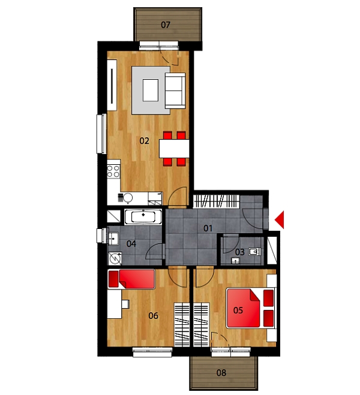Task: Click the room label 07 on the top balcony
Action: tap(166, 25)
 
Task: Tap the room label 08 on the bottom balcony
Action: tap(221, 373)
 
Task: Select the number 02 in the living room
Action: tap(144, 141)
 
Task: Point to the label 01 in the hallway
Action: tap(208, 228)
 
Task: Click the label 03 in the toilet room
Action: tap(240, 252)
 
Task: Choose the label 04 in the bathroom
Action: tap(131, 243)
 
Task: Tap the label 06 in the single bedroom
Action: tap(153, 315)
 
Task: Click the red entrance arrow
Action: tap(280, 219)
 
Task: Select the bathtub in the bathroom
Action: tap(143, 216)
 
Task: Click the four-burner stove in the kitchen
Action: tap(113, 171)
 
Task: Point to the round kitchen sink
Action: tap(128, 198)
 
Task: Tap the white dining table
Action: tap(174, 149)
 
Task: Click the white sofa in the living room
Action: tap(175, 91)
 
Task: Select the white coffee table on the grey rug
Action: tap(151, 90)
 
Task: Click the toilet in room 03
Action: tap(254, 252)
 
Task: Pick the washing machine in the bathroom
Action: tap(115, 258)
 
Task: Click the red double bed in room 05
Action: tap(250, 308)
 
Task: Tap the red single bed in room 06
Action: tap(131, 279)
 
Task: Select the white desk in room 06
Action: tap(115, 304)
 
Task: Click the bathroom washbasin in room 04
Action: tap(113, 238)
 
